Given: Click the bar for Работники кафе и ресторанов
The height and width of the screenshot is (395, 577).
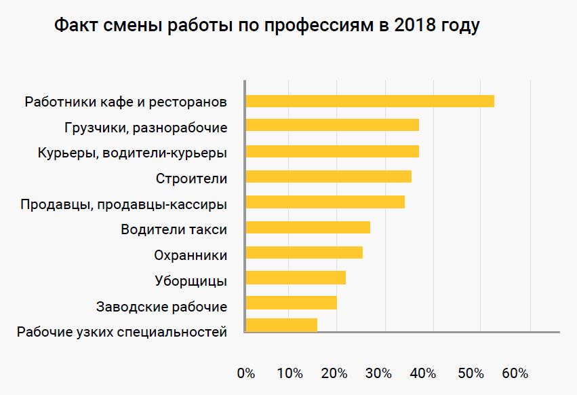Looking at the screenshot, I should pos(370,101).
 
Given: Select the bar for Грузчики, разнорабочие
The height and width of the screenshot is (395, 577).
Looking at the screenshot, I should pos(332,125).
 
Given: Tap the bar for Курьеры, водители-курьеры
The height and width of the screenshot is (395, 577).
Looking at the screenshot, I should pos(332,151).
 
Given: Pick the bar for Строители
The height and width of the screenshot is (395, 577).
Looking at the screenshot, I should pos(328,176).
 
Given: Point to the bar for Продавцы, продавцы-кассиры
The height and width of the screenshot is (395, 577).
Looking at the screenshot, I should pos(325,202).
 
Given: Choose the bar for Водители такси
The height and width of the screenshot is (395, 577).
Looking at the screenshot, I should pos(308,227).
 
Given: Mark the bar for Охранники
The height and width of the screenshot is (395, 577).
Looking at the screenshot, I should pos(304,252).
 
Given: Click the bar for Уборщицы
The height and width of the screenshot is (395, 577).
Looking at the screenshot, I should pos(296,278).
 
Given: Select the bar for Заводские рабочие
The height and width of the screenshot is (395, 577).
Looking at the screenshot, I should pos(291,303).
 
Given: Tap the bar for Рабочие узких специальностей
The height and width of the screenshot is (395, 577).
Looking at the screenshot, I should pos(281,325).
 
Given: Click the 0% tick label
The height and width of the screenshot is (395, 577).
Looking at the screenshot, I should pos(246,373).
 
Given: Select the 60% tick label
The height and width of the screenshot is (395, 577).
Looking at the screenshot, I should pos(515,373).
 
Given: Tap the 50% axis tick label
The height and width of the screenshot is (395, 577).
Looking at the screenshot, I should pos(470,373).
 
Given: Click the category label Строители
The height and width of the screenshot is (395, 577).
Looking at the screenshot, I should pos(191,179).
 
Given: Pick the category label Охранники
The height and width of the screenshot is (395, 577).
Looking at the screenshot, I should pos(191,255).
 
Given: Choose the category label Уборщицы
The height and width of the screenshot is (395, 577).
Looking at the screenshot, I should pos(191,281).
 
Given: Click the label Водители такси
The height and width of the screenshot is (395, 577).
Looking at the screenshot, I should pos(174,229).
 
